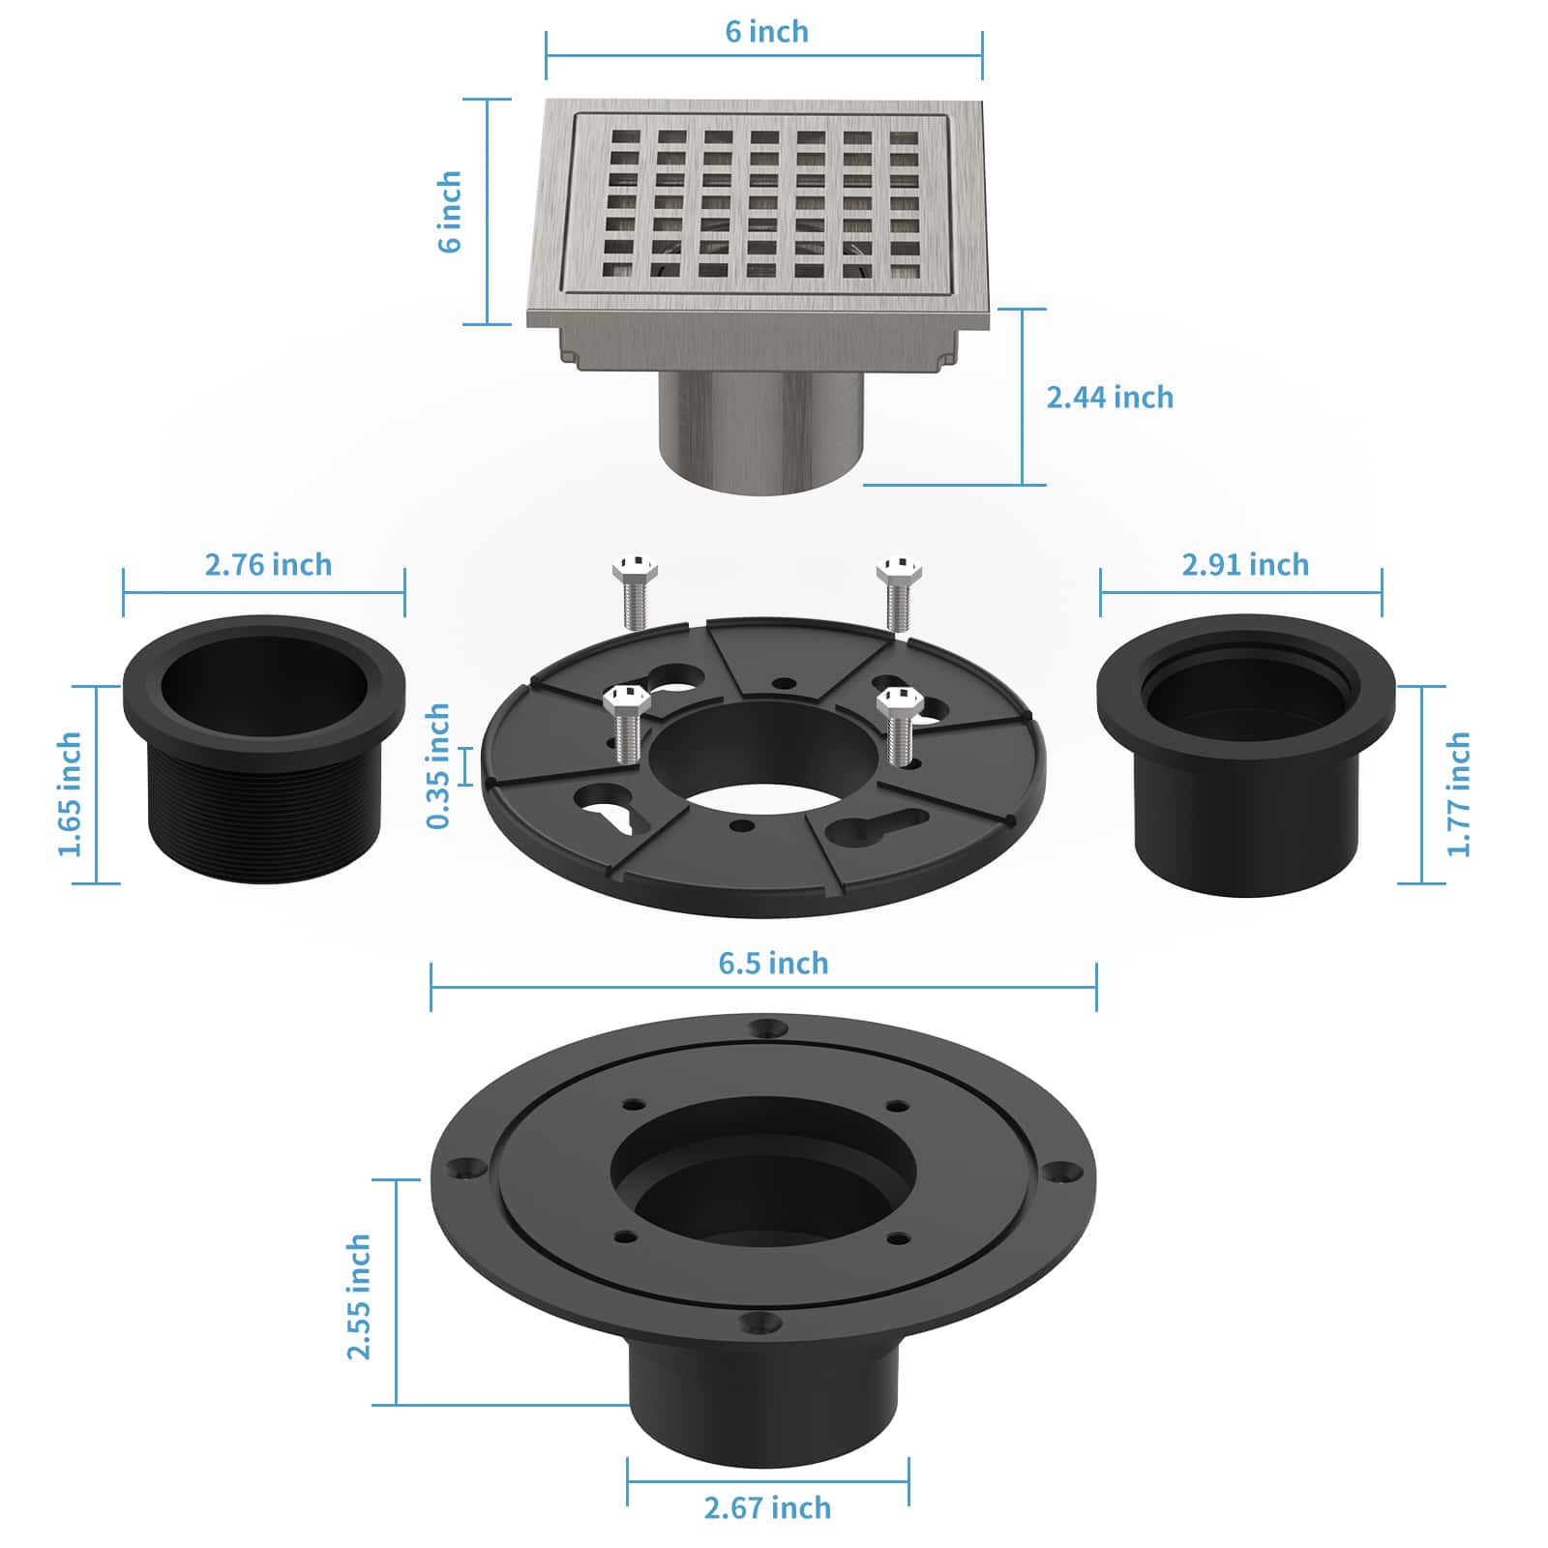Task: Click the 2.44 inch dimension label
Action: pos(1110,397)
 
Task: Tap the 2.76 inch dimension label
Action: pos(268,564)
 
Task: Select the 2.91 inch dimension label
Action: pos(1245,564)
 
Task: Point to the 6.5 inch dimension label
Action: pos(773,963)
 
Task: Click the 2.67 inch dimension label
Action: pos(767,1507)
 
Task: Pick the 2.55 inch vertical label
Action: pos(359,1295)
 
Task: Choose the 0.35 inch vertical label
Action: pos(438,765)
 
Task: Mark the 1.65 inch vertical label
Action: pos(70,793)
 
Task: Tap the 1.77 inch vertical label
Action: pos(1458,793)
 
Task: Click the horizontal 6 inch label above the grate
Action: pos(766,32)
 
